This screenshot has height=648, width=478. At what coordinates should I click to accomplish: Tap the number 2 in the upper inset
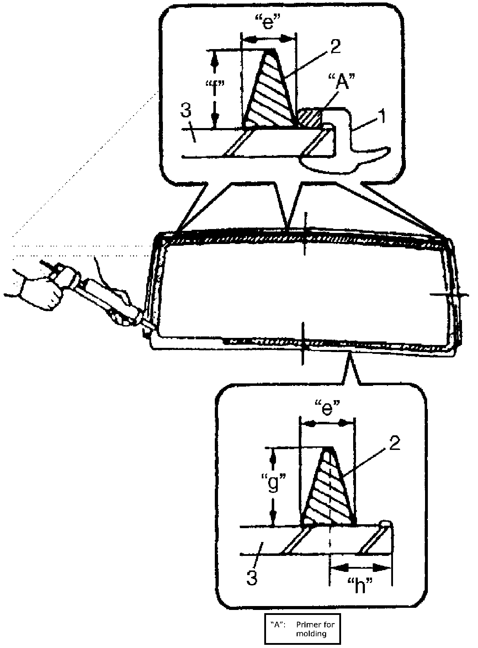[x=335, y=47]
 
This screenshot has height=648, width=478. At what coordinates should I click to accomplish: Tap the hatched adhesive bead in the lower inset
[x=329, y=491]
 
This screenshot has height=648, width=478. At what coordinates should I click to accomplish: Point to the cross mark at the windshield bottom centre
[x=302, y=343]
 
